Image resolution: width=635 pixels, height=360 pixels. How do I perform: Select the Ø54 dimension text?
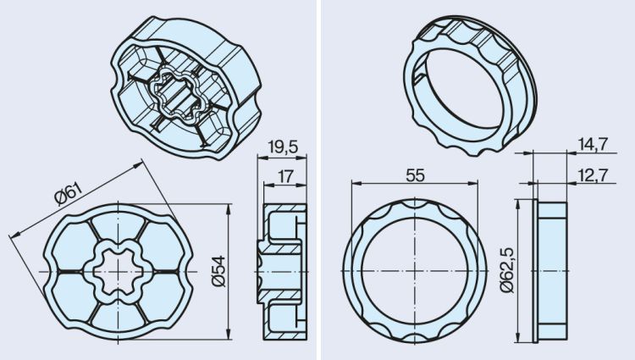tap(219, 271)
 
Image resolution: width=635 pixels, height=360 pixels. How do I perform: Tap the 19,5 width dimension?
tap(283, 147)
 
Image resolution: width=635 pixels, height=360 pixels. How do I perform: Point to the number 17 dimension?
tap(285, 176)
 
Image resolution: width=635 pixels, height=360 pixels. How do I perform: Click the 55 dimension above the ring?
tap(415, 175)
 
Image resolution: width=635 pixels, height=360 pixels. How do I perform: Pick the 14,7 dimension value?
tap(593, 145)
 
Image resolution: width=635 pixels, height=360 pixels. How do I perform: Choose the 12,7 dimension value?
tap(593, 175)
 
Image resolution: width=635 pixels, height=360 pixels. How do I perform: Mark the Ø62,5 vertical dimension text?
tap(507, 270)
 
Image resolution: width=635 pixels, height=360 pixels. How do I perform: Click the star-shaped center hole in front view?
tap(117, 272)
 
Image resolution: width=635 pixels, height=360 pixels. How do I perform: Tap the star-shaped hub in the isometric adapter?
tap(175, 95)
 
